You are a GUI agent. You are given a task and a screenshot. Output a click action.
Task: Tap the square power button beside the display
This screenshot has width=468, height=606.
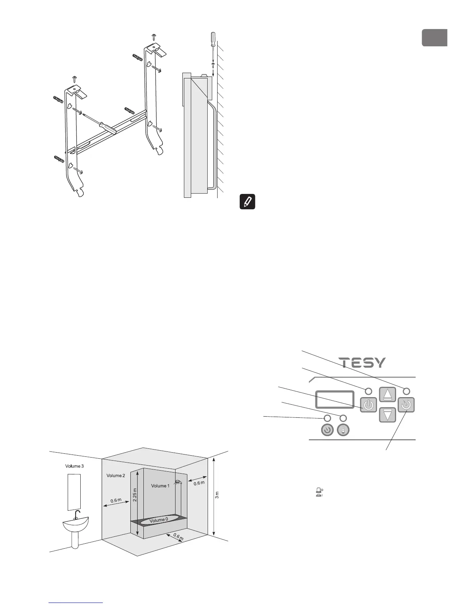[x=368, y=405]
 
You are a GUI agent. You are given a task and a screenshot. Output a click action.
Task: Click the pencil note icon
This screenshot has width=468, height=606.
[x=247, y=202]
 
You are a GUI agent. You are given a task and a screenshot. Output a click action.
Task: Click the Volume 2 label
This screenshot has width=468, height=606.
[x=116, y=476]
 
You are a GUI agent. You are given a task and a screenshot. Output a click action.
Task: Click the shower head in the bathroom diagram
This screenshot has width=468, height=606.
[x=177, y=483]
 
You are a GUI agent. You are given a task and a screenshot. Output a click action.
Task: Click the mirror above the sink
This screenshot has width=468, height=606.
[x=74, y=492]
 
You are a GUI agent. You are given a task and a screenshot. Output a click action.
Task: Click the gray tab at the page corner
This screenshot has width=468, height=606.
[x=434, y=37]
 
